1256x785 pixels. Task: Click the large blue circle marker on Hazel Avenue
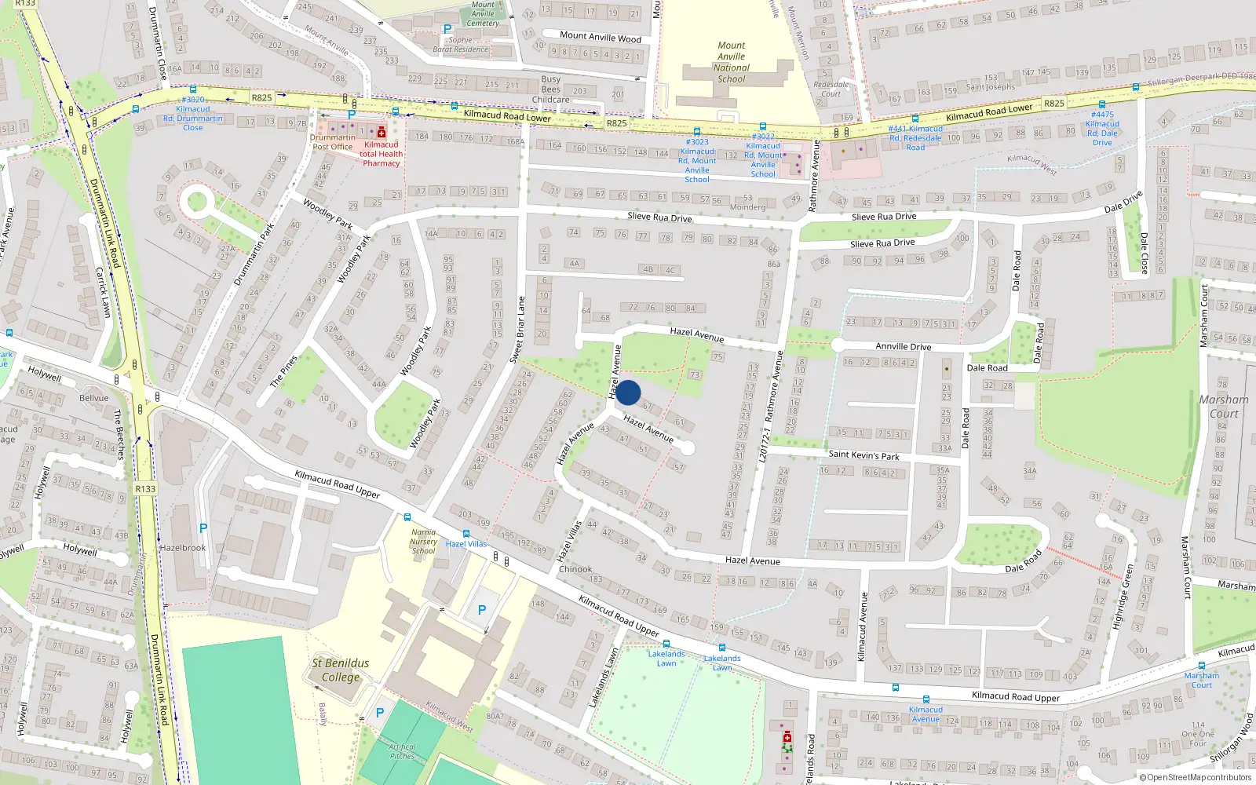pos(627,392)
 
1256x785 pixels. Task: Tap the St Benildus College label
pos(340,670)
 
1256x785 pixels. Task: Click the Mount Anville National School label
pos(731,62)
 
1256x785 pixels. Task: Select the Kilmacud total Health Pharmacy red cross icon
pos(382,133)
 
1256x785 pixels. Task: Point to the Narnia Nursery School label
pos(423,542)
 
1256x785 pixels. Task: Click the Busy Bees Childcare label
pos(551,89)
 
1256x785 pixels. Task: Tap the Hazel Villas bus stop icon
pos(466,534)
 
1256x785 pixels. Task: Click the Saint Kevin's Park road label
pos(863,455)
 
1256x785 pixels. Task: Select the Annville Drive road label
pos(903,346)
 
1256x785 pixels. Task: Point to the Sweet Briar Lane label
pos(518,330)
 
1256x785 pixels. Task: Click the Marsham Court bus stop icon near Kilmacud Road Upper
pos(1201,666)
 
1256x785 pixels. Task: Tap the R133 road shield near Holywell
pos(145,488)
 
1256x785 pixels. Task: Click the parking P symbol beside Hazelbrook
pos(203,528)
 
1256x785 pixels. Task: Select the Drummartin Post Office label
pos(332,142)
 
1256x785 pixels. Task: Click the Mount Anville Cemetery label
pos(483,13)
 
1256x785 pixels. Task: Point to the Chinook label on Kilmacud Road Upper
pos(575,569)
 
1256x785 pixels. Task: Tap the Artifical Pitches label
pos(402,751)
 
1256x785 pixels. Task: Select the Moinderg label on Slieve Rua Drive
pos(747,207)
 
